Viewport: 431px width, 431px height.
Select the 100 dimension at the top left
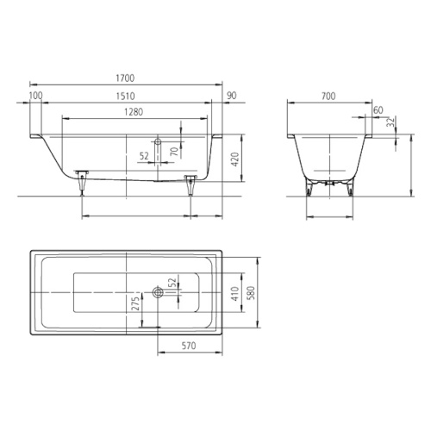35,95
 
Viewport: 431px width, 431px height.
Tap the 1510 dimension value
126,95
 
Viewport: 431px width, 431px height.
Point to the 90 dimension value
232,95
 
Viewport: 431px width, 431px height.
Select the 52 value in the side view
144,156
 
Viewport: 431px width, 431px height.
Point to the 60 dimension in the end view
379,110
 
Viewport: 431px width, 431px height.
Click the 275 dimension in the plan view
134,303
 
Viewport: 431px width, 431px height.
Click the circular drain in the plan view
156,292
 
